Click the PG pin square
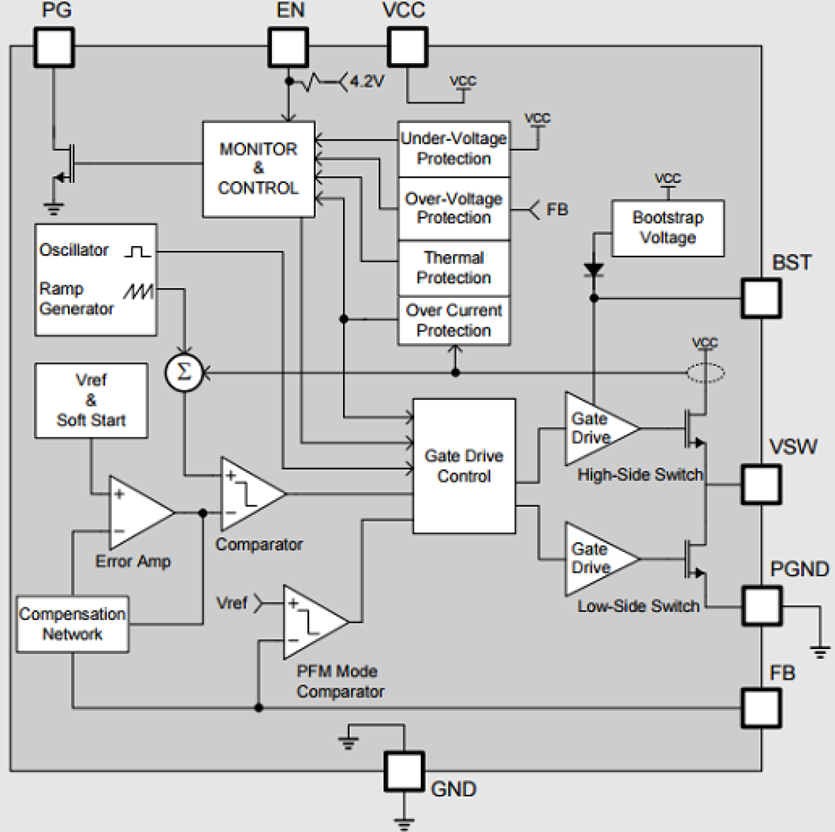(54, 47)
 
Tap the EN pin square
(288, 47)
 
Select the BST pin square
(761, 298)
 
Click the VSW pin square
(761, 484)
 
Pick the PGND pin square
(762, 606)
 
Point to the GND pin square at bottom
(404, 771)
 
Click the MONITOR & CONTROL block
(259, 169)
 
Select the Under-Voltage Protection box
(454, 148)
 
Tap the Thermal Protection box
(454, 267)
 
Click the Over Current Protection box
(454, 321)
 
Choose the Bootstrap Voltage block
(667, 227)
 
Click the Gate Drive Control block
(464, 466)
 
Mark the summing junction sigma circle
(183, 372)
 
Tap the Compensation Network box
(72, 624)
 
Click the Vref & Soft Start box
(91, 400)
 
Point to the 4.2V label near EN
(367, 82)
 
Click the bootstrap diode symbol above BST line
(594, 269)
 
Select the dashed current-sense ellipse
(705, 373)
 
